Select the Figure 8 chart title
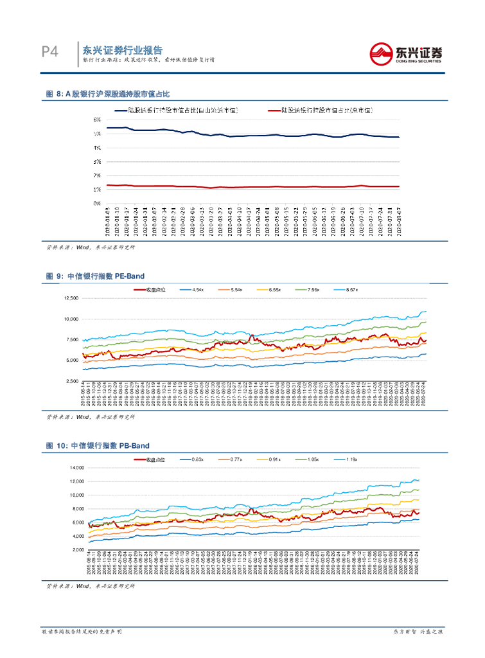click(107, 94)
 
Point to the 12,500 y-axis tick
click(70, 298)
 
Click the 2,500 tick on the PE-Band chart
click(71, 380)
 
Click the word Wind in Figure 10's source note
click(82, 587)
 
